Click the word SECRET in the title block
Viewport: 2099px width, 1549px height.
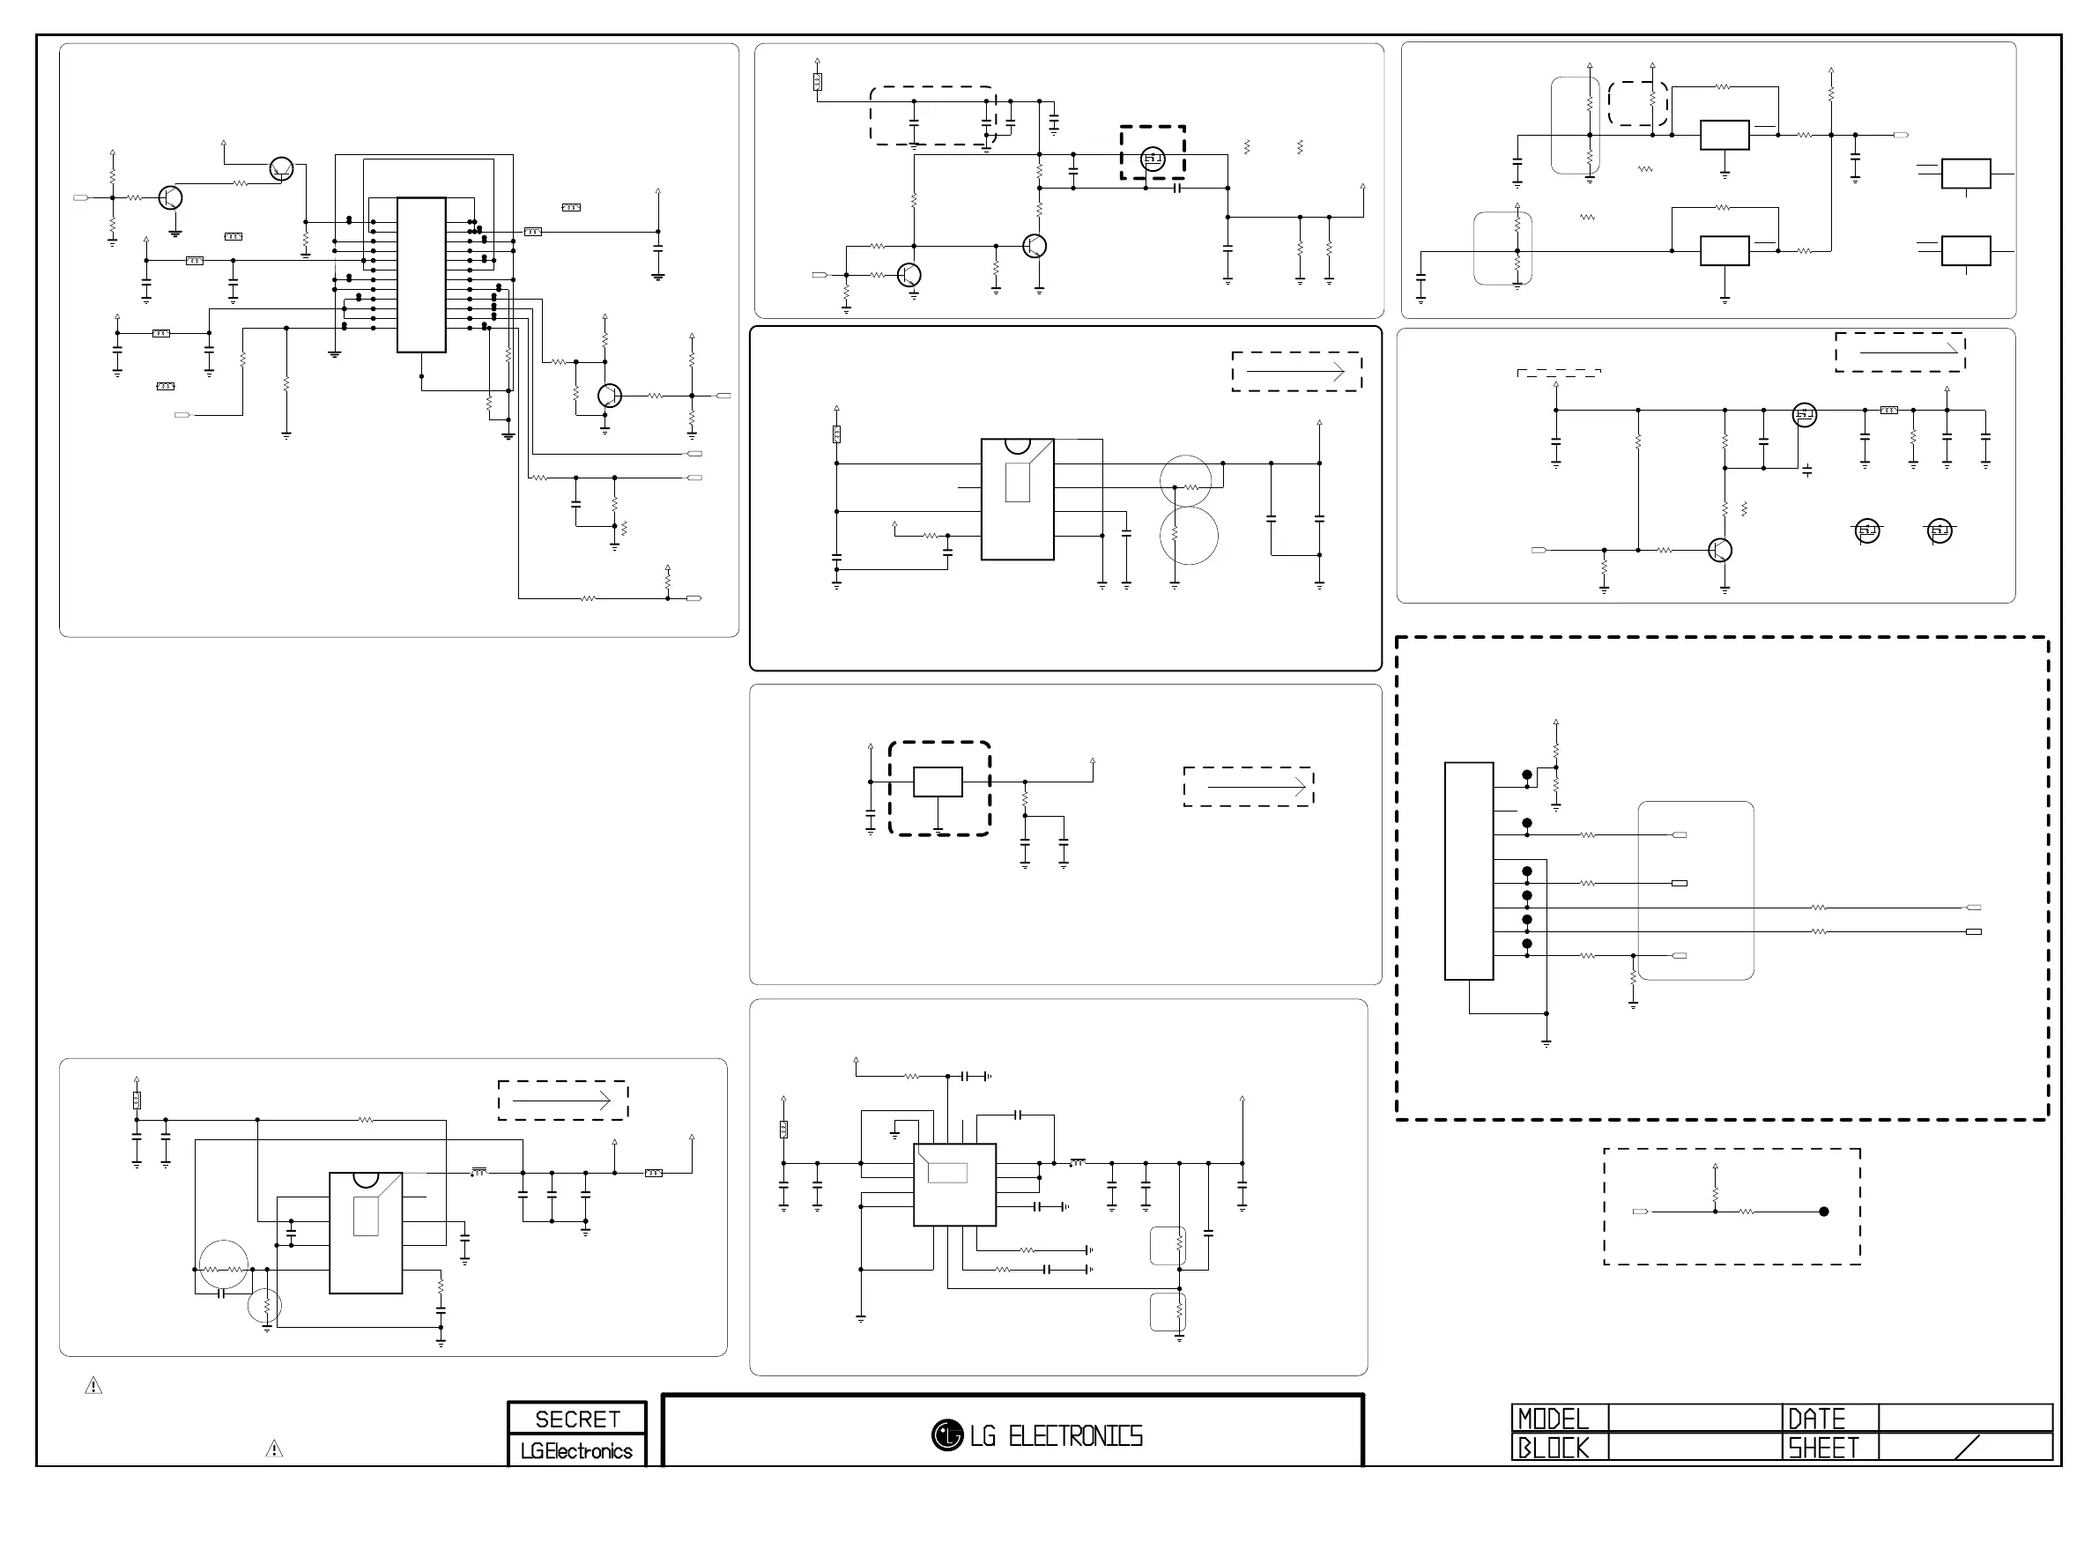(576, 1419)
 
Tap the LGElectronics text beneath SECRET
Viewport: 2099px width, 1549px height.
(576, 1450)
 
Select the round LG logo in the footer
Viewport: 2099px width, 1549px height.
(947, 1434)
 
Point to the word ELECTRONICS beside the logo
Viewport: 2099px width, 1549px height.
(1075, 1436)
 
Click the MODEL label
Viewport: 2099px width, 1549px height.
(1554, 1419)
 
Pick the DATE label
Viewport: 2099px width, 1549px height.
(1817, 1419)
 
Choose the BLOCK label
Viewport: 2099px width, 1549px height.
(1554, 1448)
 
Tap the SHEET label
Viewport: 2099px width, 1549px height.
(1823, 1448)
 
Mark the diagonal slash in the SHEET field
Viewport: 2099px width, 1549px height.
(1968, 1447)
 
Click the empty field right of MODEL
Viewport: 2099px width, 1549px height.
(1695, 1418)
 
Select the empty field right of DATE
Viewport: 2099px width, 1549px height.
(1965, 1418)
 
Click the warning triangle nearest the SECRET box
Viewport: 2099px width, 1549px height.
(274, 1449)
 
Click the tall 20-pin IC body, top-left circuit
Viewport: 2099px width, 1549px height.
(421, 275)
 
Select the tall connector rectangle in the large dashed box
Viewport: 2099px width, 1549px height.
(1469, 871)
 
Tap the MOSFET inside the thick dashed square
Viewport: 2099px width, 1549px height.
(1152, 159)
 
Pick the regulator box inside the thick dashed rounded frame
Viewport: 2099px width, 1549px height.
(938, 782)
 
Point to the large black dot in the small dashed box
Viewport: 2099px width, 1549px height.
(1823, 1212)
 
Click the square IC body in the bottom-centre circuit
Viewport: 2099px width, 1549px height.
(954, 1184)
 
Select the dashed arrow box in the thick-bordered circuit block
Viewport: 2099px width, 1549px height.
(1296, 371)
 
